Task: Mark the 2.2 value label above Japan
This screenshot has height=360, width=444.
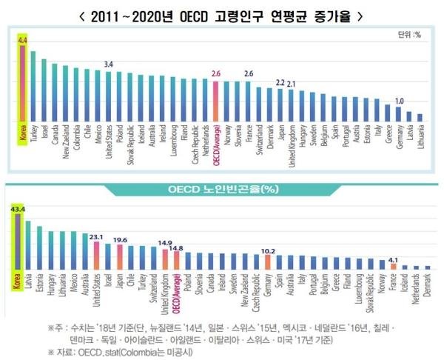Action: (279, 83)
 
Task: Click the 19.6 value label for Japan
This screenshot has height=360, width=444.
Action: (120, 239)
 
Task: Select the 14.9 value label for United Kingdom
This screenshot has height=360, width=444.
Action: (164, 244)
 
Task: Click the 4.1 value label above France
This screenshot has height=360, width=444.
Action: (394, 258)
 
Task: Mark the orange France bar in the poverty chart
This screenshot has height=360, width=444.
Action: (394, 266)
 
